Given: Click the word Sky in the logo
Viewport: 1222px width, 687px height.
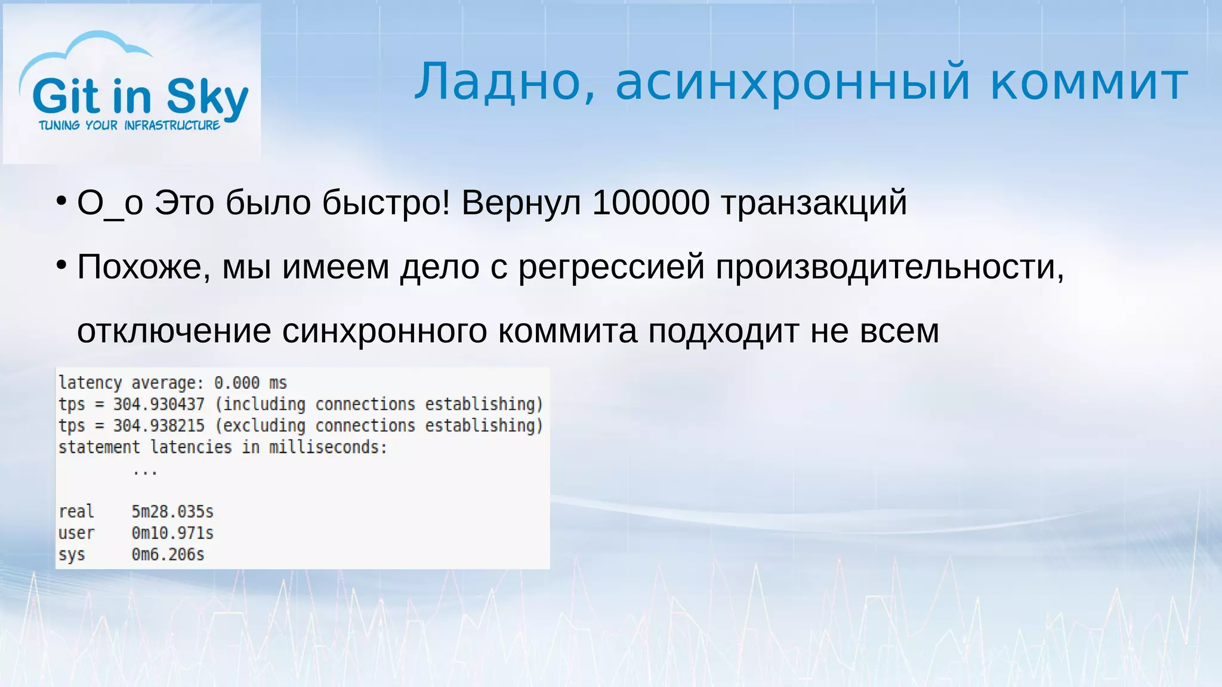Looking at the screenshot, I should [206, 97].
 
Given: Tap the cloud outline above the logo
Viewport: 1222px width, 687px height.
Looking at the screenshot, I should [90, 48].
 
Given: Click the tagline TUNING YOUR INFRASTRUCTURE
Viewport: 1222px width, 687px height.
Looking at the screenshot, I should [129, 125].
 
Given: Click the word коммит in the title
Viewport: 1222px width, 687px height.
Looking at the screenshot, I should [1089, 82].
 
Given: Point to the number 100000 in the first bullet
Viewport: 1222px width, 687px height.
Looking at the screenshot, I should [650, 203].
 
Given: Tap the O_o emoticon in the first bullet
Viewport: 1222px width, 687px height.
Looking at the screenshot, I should [110, 203].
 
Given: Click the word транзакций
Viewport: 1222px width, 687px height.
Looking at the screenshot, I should [814, 203].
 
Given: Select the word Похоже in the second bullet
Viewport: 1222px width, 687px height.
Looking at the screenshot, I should [143, 267].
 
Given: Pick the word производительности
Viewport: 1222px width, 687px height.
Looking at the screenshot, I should [889, 267].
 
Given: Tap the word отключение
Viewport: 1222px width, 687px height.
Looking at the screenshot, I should [174, 331].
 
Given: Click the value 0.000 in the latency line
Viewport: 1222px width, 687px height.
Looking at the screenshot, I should [237, 383].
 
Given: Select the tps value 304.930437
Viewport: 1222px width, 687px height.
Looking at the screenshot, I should [159, 404].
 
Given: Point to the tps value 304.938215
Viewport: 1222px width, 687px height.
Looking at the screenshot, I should [159, 426].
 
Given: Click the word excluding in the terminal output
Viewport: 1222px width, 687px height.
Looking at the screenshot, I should [264, 426].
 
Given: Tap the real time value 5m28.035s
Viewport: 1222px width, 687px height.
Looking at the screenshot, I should [172, 512].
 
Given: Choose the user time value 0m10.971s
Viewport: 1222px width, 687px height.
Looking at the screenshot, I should [172, 533].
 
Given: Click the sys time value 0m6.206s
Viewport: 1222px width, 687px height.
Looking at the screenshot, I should [168, 555].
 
